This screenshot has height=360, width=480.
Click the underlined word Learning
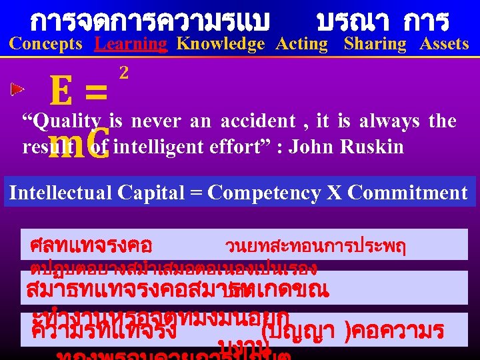131,45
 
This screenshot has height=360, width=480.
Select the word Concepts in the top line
46,45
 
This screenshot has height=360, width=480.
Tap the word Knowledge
221,45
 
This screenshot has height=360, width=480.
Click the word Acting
302,45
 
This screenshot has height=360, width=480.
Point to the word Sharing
375,45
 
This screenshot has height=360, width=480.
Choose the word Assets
444,45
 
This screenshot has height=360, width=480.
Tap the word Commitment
408,193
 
